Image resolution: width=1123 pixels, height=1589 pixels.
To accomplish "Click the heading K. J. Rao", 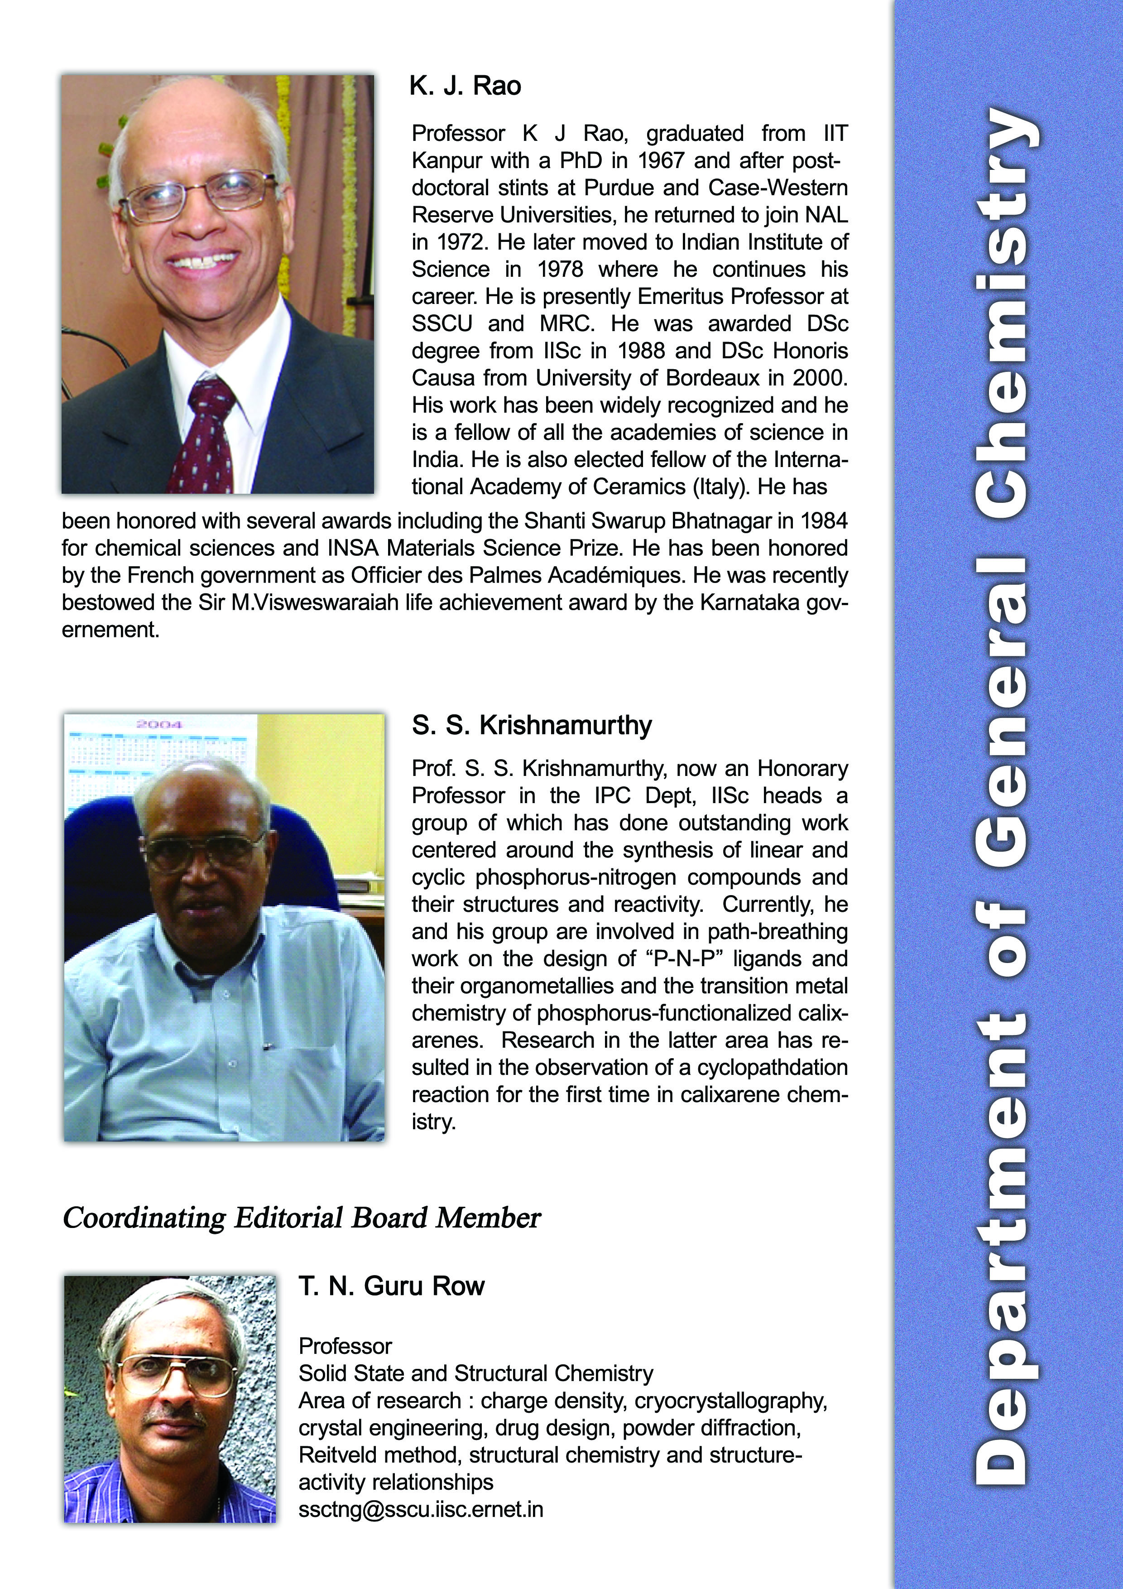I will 465,87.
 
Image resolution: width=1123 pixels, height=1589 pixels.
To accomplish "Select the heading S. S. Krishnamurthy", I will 532,725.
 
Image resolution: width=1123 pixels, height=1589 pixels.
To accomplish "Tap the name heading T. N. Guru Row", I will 392,1286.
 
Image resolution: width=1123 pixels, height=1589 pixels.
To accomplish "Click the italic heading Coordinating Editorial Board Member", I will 301,1218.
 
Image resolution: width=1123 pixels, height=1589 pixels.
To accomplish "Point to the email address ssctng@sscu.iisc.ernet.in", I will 421,1509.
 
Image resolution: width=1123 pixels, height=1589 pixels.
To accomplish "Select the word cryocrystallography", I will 731,1400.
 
